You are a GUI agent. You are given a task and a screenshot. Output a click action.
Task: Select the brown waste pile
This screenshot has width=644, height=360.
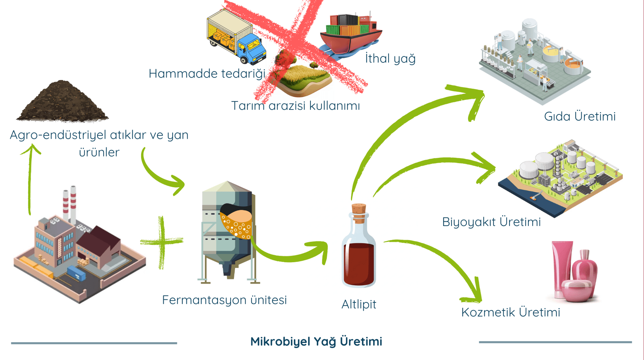click(x=62, y=102)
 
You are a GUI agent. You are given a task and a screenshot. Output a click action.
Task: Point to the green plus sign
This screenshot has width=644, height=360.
click(x=162, y=242)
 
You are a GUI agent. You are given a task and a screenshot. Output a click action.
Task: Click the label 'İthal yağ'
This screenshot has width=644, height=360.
click(x=390, y=59)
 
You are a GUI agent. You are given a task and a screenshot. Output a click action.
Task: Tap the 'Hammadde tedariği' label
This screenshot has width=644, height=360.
click(x=207, y=74)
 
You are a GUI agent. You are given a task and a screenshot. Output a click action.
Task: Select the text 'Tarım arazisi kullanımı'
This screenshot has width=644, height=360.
click(x=295, y=106)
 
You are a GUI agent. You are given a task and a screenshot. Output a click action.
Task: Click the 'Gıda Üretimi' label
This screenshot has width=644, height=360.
click(x=580, y=117)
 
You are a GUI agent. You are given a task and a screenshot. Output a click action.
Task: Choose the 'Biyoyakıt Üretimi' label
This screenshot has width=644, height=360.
click(x=491, y=222)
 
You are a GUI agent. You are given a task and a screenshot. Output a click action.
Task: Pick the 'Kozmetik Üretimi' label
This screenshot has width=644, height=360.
click(x=511, y=312)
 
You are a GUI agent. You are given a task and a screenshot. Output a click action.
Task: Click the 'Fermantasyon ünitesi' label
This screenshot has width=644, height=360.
click(x=224, y=300)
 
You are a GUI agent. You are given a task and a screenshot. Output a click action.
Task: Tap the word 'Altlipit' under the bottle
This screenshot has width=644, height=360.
click(x=358, y=304)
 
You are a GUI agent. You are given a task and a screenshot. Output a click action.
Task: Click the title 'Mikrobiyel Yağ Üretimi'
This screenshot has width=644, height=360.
click(x=316, y=341)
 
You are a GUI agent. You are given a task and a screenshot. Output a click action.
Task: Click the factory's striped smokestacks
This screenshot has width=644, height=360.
click(x=69, y=203)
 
